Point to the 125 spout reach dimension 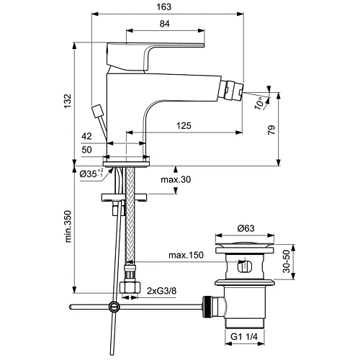(183, 126)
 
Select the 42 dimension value (87, 135)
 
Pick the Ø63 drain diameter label (248, 230)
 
